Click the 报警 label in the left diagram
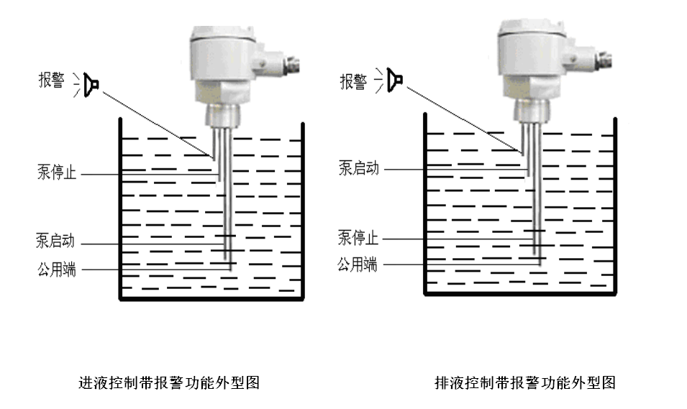pos(53,81)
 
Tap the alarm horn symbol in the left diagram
pos(91,84)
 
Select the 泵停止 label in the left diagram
pos(57,173)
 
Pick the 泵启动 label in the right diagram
pos(358,168)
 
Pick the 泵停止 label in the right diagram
pos(358,237)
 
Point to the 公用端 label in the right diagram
pos(358,265)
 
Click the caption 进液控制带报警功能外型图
pos(168,382)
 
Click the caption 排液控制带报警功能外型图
pos(525,382)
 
